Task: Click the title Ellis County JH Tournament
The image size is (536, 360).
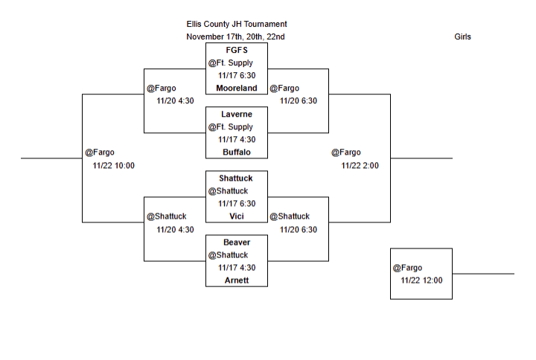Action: pyautogui.click(x=236, y=24)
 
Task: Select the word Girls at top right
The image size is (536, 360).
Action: pyautogui.click(x=462, y=36)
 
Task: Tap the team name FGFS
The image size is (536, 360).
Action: pyautogui.click(x=236, y=50)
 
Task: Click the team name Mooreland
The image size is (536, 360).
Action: pyautogui.click(x=236, y=88)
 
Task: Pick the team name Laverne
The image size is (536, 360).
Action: pyautogui.click(x=236, y=114)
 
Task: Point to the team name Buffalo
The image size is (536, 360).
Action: pyautogui.click(x=236, y=152)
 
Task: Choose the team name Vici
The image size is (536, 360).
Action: pyautogui.click(x=236, y=216)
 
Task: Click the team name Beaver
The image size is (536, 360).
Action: pyautogui.click(x=236, y=242)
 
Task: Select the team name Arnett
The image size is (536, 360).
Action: pyautogui.click(x=236, y=280)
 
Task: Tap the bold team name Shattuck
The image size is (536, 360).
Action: pyautogui.click(x=236, y=178)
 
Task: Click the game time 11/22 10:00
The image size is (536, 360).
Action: pyautogui.click(x=113, y=165)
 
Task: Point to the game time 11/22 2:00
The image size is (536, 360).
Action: pyautogui.click(x=360, y=165)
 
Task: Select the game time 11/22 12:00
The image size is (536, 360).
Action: pyautogui.click(x=421, y=280)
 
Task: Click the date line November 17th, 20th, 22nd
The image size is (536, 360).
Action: pyautogui.click(x=235, y=36)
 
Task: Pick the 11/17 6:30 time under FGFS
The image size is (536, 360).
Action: pyautogui.click(x=237, y=75)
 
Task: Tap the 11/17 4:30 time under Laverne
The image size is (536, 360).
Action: pyautogui.click(x=237, y=139)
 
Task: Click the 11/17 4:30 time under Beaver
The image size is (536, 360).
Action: pyautogui.click(x=237, y=267)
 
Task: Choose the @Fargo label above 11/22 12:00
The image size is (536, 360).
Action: pyautogui.click(x=407, y=268)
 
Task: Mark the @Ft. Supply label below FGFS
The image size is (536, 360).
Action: pyautogui.click(x=231, y=62)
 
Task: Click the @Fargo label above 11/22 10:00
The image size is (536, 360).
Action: pyautogui.click(x=100, y=152)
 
